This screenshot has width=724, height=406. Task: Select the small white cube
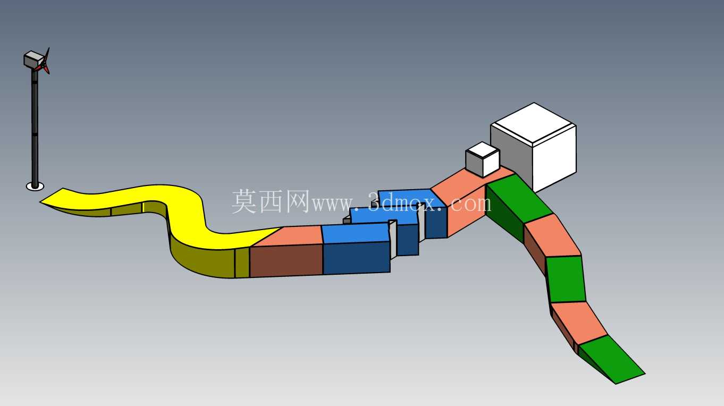click(483, 160)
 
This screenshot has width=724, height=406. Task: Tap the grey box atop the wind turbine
click(33, 59)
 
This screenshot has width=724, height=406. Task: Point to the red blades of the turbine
click(44, 64)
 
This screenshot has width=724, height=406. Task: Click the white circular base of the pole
click(35, 187)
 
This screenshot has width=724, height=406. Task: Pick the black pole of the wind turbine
click(35, 126)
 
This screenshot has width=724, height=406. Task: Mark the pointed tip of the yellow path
click(40, 202)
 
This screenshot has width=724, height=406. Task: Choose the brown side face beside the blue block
click(287, 260)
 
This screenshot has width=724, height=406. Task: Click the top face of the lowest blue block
click(356, 233)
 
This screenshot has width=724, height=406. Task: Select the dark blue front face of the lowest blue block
click(357, 258)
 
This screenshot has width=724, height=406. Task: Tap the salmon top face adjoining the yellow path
click(291, 236)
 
